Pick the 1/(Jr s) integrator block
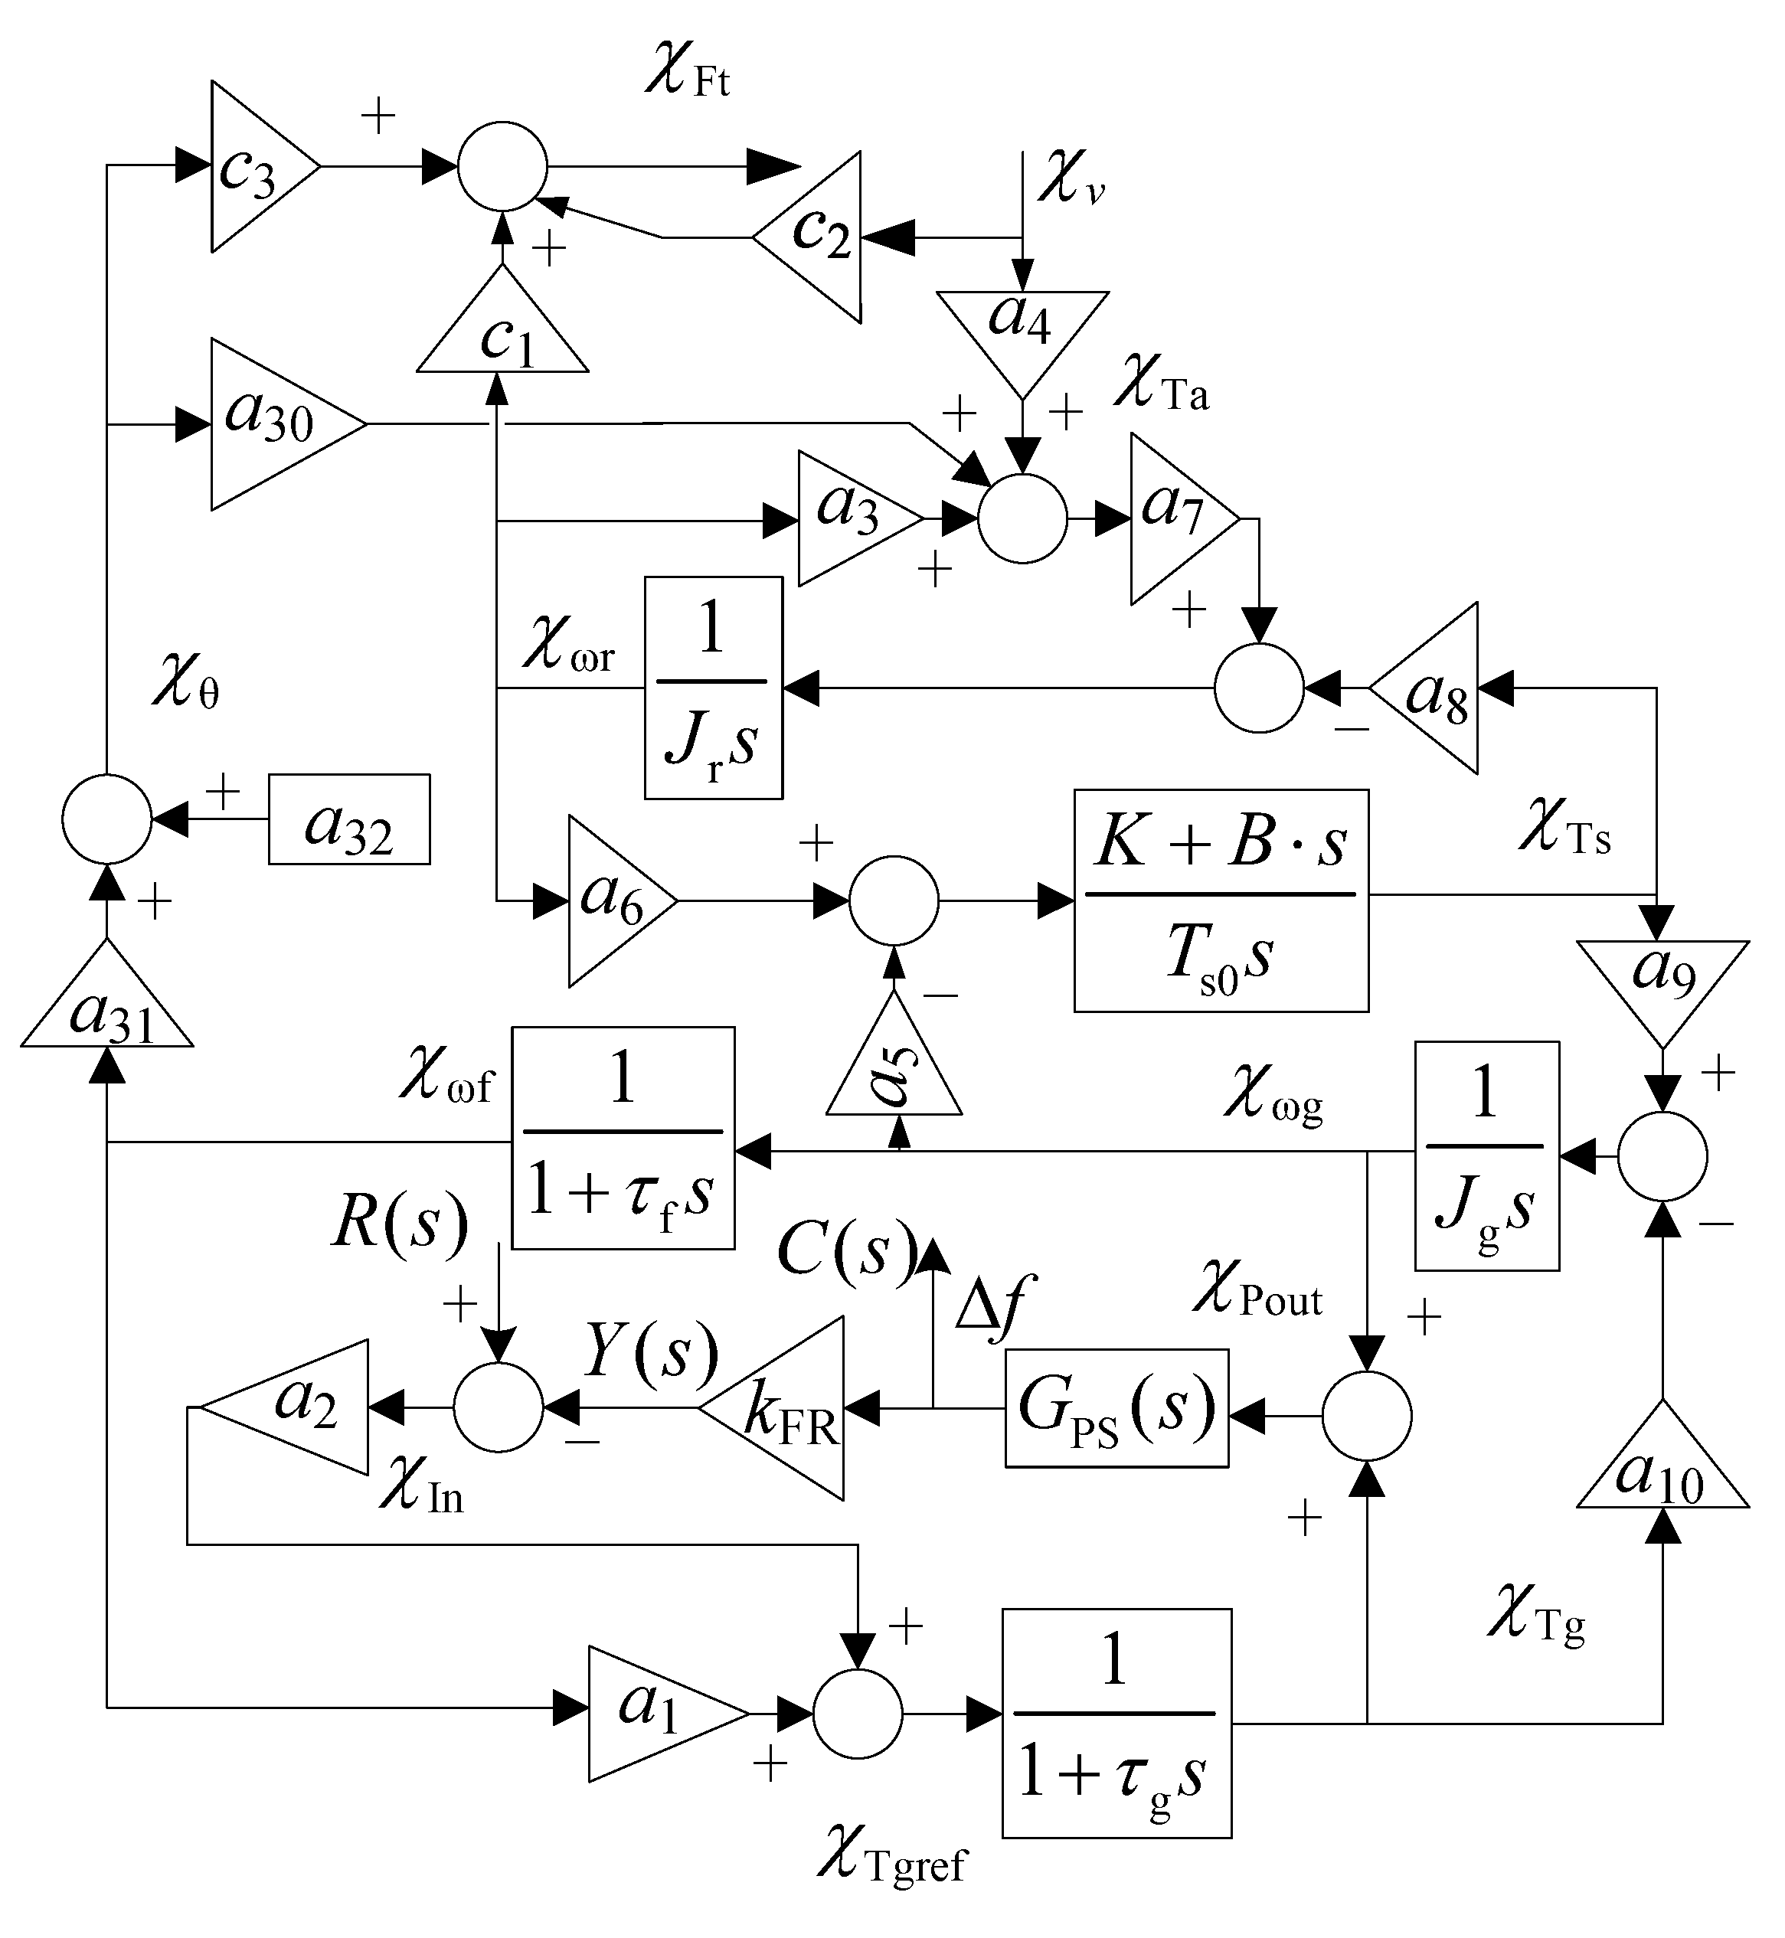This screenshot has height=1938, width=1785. pos(713,688)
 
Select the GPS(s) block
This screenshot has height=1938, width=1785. pos(1116,1408)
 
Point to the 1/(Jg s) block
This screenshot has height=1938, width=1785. pos(1486,1156)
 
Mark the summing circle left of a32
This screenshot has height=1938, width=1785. pos(107,819)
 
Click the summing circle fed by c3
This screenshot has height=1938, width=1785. pos(502,166)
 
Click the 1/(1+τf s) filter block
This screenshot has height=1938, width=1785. pos(623,1138)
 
